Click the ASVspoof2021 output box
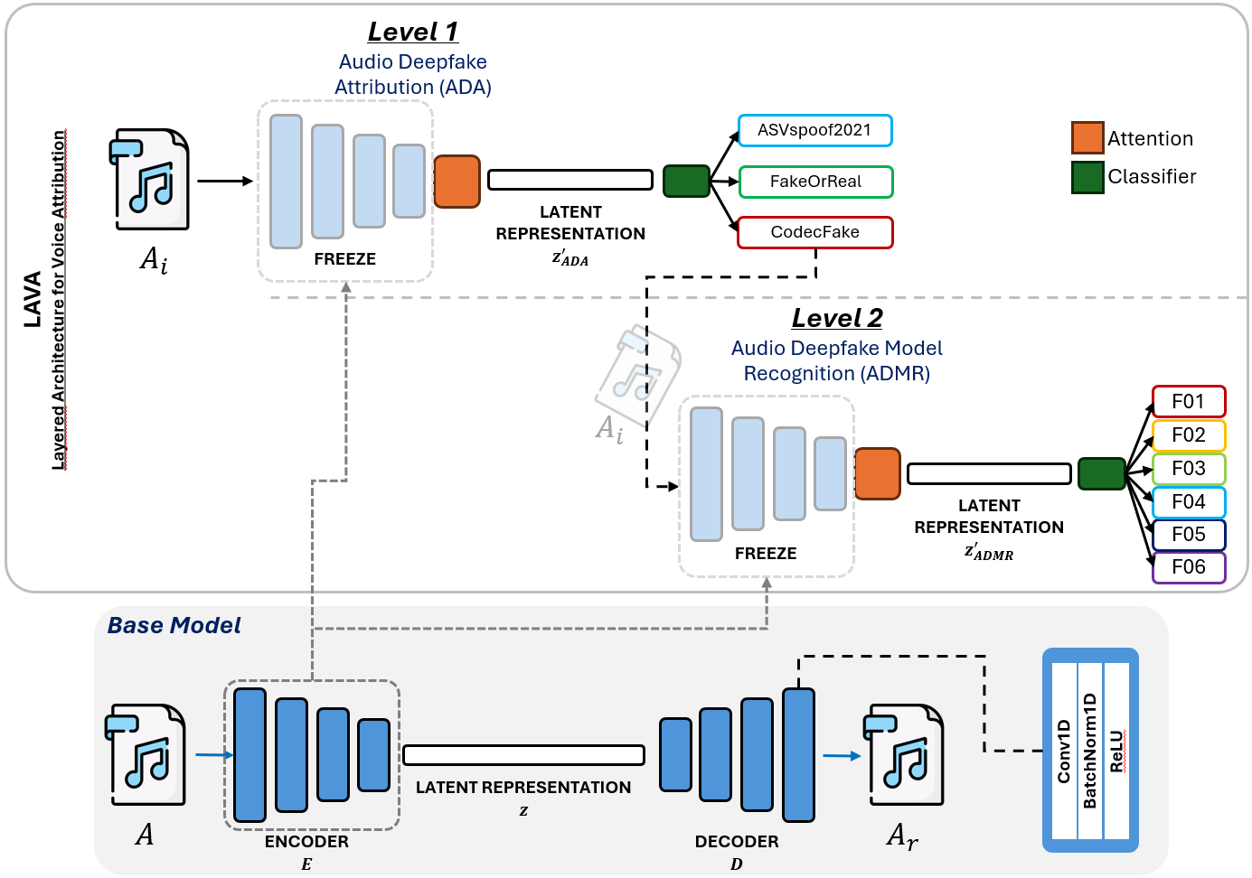814,130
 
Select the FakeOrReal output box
815,182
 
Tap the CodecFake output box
814,232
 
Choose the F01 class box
1189,402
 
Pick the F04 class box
1189,502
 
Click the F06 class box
1189,567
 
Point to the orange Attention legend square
1087,138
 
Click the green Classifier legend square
1087,177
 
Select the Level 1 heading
413,32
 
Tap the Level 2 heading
837,318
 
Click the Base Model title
174,625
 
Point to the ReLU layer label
1117,752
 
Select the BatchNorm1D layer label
1090,752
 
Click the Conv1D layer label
1064,752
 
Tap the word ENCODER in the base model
306,841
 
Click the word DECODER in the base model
737,841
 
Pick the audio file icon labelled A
146,755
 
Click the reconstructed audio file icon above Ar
903,755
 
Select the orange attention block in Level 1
457,182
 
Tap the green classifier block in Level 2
1101,473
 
